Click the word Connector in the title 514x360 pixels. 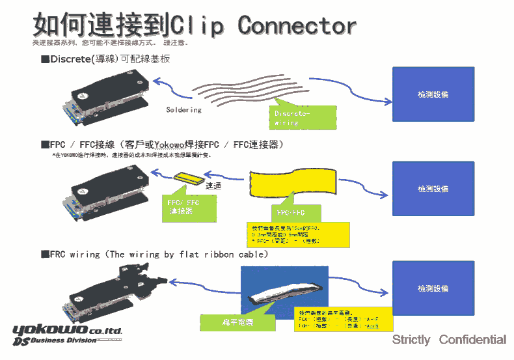pos(297,25)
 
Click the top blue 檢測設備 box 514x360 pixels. pos(433,94)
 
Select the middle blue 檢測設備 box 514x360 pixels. pos(433,189)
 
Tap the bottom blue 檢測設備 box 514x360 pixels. pos(433,288)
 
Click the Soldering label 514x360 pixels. pos(183,110)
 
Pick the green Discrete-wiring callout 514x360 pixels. pos(303,117)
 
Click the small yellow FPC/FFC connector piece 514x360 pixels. pos(189,178)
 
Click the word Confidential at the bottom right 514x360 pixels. pos(472,340)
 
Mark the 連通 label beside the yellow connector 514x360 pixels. pos(213,186)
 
